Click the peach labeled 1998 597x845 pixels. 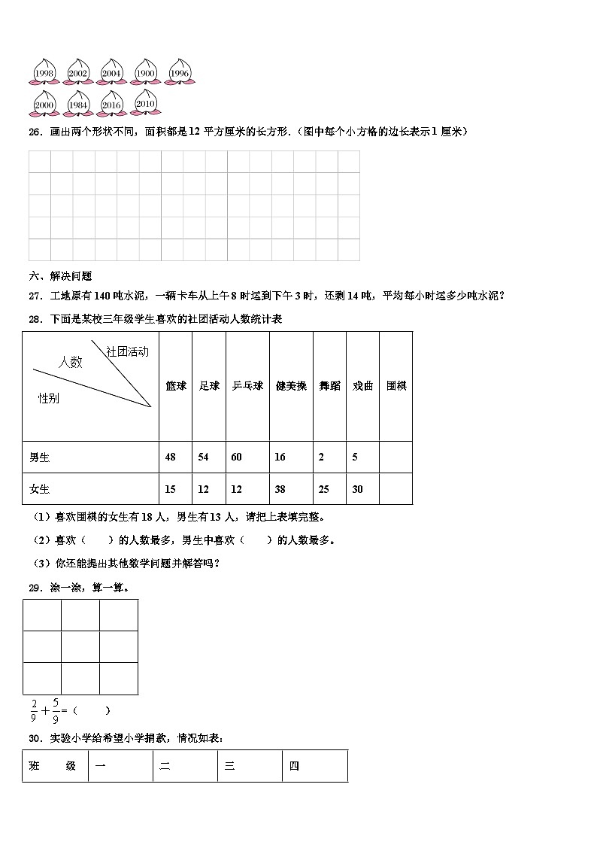coord(44,72)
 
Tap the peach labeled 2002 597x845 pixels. coord(78,72)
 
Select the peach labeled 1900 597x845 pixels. coord(145,72)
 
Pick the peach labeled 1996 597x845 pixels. coord(179,72)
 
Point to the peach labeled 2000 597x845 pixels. coord(44,104)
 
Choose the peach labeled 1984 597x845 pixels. coord(78,104)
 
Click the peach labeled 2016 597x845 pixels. coord(112,104)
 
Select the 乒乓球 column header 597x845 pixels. coord(247,386)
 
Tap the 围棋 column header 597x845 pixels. coord(396,386)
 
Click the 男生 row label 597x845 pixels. coord(40,457)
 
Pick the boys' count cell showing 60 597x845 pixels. coord(237,457)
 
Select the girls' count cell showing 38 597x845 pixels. coord(280,489)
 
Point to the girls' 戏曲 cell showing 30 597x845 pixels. coord(357,489)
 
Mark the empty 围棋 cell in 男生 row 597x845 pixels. coord(395,457)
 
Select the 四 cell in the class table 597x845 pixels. coord(295,766)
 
